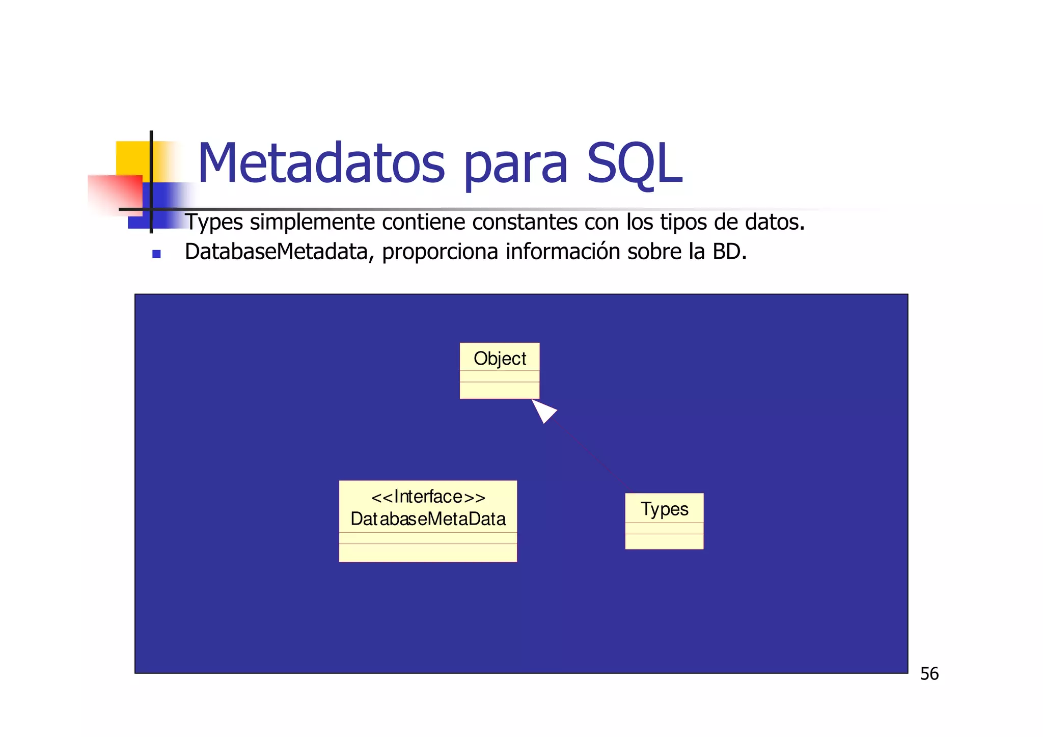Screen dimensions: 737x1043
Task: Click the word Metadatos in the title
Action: point(321,164)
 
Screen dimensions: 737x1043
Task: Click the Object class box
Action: point(499,370)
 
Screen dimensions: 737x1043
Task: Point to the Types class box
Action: point(664,521)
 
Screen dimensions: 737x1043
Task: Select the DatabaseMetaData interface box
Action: point(428,521)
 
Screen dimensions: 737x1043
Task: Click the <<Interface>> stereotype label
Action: point(428,497)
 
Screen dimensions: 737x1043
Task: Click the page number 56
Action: point(929,674)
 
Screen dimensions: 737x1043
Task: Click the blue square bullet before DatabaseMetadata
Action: point(156,254)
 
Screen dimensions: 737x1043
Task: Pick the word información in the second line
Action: point(563,252)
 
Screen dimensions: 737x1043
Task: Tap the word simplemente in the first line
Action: point(312,223)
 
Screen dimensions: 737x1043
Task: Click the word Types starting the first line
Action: point(214,223)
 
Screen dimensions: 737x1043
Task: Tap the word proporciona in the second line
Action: point(440,252)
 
